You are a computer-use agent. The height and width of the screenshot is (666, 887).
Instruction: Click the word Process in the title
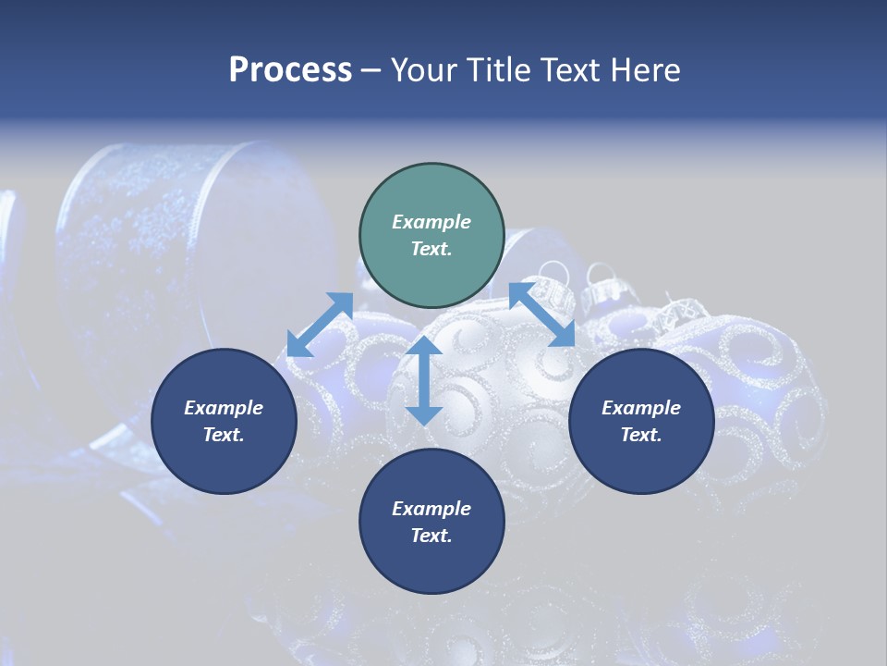tap(290, 70)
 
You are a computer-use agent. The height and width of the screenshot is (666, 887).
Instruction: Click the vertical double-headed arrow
tap(424, 380)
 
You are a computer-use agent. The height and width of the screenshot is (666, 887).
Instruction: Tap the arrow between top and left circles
tap(321, 324)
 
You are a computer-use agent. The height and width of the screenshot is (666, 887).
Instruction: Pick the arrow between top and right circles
tap(542, 314)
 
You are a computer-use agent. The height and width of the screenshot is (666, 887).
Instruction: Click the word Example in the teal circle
tap(431, 222)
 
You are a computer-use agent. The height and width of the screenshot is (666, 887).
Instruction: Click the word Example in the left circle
tap(224, 408)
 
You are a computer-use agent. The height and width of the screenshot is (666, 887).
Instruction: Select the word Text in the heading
tap(571, 70)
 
